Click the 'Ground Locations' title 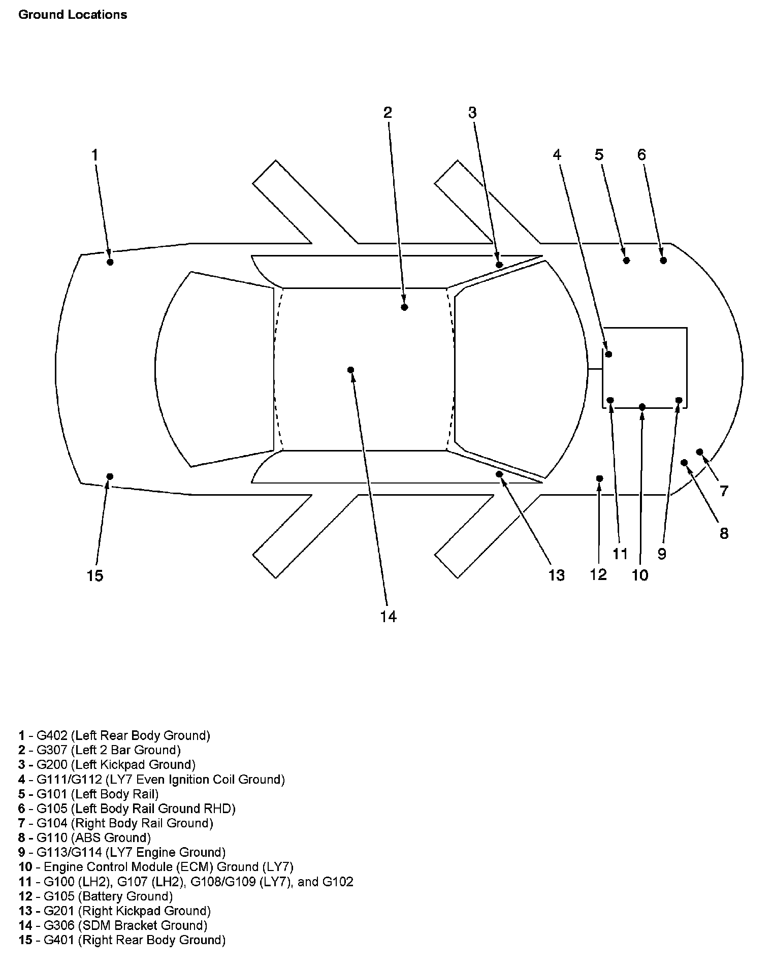point(73,15)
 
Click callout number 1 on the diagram point(94,155)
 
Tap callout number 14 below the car point(388,617)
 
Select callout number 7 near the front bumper point(724,491)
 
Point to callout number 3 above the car point(472,113)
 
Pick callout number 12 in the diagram point(598,574)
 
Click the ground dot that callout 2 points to point(404,307)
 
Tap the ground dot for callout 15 point(110,476)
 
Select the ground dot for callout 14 point(350,370)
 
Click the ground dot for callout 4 point(609,354)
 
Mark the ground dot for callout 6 point(663,261)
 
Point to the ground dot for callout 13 point(499,474)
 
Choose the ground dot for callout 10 point(642,407)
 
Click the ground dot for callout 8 point(684,463)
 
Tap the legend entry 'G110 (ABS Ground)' point(94,837)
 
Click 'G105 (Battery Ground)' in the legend point(105,896)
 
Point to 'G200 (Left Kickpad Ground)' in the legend point(116,765)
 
